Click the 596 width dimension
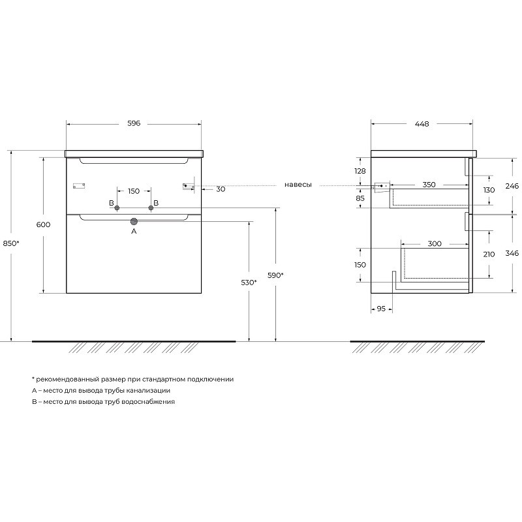(x=134, y=123)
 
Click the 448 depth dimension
(x=422, y=124)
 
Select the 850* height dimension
(x=11, y=243)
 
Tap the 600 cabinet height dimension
(x=43, y=224)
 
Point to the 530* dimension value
(x=249, y=283)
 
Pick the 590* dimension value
(x=275, y=275)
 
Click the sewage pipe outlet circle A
(x=134, y=221)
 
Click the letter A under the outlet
(x=134, y=231)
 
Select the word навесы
(x=298, y=185)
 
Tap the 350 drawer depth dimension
(x=429, y=185)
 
